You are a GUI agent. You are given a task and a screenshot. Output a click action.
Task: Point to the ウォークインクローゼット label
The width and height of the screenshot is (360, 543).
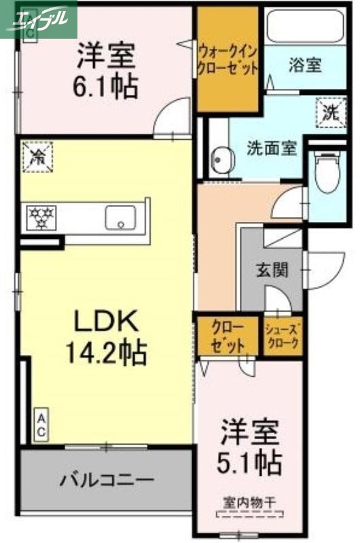coord(228,58)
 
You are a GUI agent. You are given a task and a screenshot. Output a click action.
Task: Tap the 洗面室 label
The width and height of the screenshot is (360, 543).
coord(272,147)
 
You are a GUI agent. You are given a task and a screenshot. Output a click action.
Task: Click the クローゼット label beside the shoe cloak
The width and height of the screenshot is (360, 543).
coord(228,335)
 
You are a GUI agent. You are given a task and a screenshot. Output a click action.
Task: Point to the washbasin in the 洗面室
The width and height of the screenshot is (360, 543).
coord(221,157)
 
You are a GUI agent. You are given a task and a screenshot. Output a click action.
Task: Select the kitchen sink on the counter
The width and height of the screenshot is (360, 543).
coord(123,218)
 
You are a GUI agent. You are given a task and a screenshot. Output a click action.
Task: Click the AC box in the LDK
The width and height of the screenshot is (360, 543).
coord(41,426)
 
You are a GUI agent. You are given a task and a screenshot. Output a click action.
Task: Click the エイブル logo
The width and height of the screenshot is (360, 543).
coord(39,14)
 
